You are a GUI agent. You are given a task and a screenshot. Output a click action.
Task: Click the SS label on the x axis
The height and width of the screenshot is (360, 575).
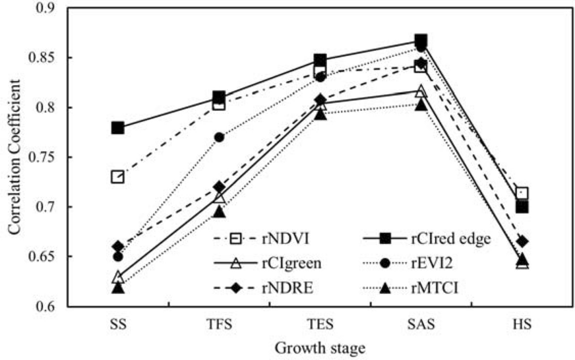(118, 325)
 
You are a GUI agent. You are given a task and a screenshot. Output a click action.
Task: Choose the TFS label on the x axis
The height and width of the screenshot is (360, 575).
(219, 325)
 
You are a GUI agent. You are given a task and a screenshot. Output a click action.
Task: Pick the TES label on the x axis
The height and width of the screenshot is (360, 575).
(320, 325)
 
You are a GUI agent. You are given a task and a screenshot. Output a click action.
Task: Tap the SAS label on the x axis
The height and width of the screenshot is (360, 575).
(421, 325)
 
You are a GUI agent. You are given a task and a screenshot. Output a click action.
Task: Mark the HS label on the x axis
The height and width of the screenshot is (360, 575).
(522, 325)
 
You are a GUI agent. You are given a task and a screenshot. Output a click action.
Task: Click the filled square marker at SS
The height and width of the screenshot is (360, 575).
(118, 127)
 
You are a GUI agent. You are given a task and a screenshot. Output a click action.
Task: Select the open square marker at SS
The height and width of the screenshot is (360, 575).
(118, 177)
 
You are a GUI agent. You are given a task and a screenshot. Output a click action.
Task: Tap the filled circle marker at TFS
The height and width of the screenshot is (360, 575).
(219, 137)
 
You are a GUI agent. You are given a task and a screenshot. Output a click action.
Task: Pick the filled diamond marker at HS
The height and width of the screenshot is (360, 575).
(522, 241)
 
